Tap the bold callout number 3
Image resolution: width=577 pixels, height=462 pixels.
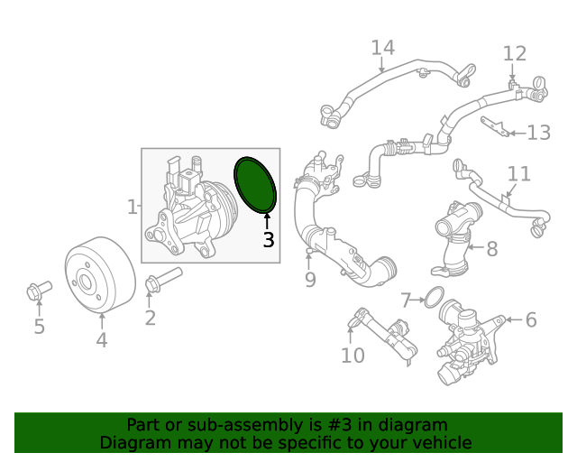click(268, 240)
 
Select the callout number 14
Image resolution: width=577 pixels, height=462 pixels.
click(382, 48)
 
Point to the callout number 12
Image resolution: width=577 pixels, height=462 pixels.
click(514, 53)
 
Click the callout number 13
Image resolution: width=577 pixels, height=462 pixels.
click(538, 134)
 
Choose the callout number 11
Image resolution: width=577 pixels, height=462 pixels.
click(518, 173)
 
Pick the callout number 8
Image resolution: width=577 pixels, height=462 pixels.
click(491, 248)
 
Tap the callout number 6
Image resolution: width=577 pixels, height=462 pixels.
click(530, 319)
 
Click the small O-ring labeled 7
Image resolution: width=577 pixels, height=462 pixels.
click(433, 296)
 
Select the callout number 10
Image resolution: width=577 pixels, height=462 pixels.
click(353, 356)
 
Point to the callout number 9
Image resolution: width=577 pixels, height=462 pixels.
click(310, 280)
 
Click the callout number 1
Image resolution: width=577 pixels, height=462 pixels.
click(132, 207)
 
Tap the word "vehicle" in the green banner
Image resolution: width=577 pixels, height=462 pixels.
click(439, 442)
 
